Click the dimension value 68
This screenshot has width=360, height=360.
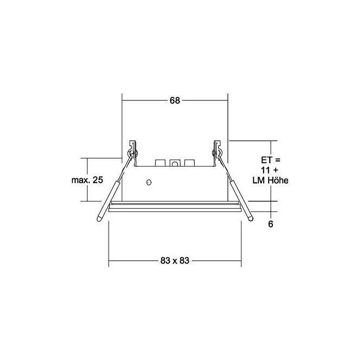coord(175,100)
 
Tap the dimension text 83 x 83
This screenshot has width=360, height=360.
coord(175,261)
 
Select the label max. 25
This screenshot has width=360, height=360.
coord(87,180)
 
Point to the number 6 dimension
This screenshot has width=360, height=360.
coord(271,224)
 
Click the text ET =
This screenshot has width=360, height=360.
coord(271,160)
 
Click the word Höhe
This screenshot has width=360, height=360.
coord(278,180)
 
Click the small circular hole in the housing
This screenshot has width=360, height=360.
coord(149,182)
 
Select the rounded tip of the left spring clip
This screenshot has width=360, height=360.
coord(99,219)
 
